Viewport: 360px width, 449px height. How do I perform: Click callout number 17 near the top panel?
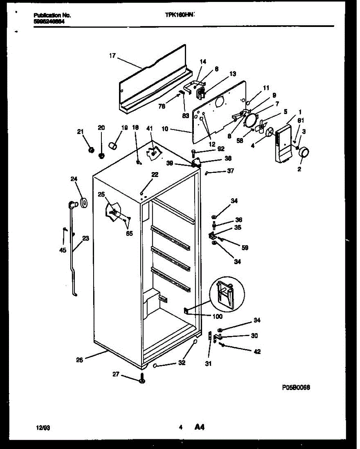coord(112,56)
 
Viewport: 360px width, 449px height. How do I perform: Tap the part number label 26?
coord(79,360)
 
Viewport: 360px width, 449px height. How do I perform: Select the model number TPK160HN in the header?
coord(179,16)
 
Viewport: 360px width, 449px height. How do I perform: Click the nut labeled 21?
coord(90,150)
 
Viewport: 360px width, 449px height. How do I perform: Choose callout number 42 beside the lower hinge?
coord(257,352)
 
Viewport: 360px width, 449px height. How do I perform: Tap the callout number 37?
coord(231,171)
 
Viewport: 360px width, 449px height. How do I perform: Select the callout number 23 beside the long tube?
coord(86,238)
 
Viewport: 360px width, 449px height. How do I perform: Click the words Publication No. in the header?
coord(52,16)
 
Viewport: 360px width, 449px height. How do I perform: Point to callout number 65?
coord(129,234)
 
